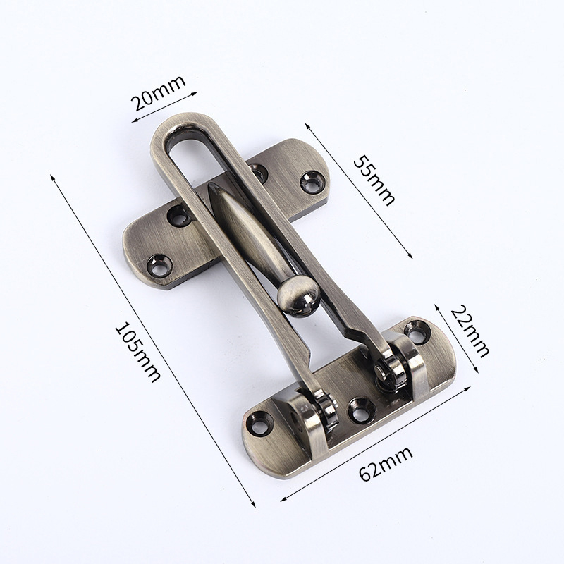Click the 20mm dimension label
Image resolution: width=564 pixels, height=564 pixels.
(159, 92)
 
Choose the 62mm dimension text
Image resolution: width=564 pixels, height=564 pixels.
(386, 462)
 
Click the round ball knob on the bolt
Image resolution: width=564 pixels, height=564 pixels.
(297, 294)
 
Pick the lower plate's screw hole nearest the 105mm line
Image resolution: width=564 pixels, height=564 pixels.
(260, 423)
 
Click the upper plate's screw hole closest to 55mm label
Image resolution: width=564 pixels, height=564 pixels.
(312, 182)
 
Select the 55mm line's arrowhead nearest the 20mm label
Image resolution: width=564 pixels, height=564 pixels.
(307, 125)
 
